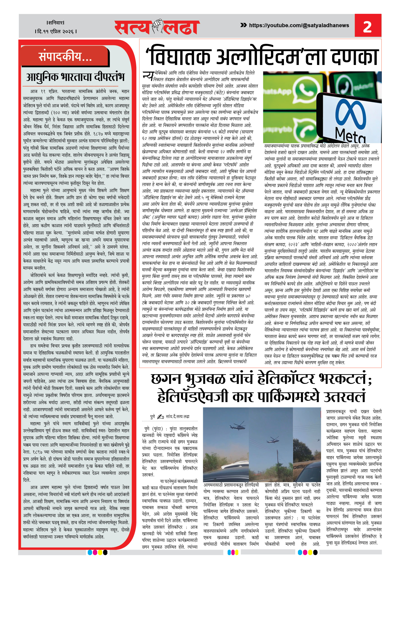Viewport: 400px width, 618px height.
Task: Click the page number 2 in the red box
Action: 367,26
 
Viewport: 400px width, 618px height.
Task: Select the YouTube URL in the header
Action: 299,25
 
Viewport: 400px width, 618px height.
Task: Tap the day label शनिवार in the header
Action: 55,23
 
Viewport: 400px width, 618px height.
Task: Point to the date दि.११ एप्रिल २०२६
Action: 56,32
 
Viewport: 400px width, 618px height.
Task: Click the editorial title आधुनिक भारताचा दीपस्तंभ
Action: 75,77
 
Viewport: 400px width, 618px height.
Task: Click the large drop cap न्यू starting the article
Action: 148,76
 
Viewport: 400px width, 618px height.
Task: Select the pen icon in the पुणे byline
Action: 160,417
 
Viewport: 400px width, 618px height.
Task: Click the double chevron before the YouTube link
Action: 243,25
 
